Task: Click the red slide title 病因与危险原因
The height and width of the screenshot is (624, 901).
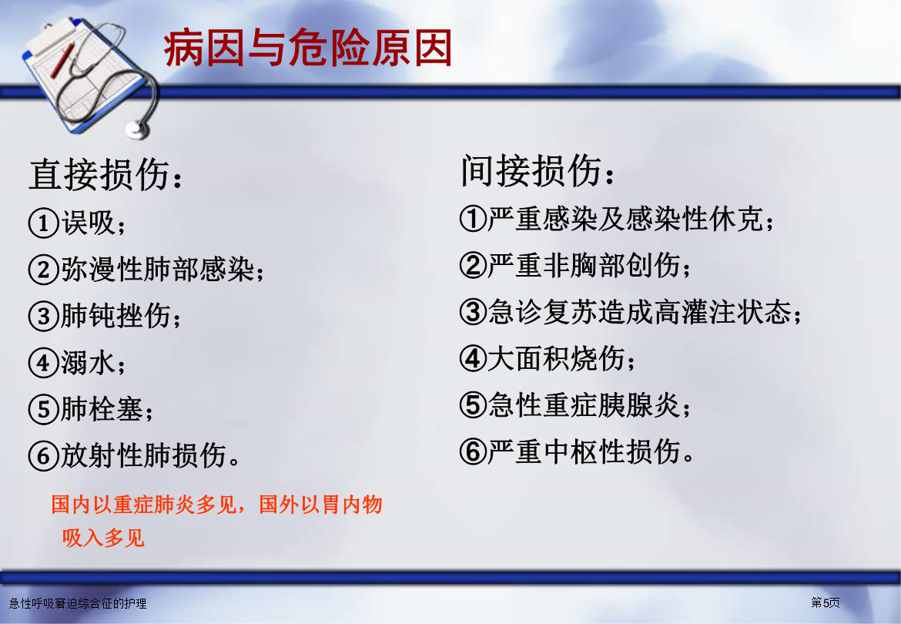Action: [307, 49]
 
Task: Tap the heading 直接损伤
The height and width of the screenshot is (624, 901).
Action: [99, 175]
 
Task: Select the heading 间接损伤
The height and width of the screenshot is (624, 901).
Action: [531, 171]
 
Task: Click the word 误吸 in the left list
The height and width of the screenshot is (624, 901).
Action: [89, 223]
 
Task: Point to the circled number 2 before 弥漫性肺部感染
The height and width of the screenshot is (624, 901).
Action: [44, 270]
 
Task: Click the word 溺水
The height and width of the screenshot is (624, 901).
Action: [88, 363]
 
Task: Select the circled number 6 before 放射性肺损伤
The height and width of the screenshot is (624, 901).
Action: [44, 456]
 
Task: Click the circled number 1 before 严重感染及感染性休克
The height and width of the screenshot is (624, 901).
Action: [474, 218]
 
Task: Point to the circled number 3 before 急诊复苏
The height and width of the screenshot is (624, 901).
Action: [474, 312]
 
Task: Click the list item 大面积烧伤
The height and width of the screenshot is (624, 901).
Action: [557, 358]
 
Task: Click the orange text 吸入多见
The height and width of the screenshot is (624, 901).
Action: [103, 538]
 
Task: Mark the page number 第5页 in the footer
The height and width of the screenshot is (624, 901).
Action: [826, 602]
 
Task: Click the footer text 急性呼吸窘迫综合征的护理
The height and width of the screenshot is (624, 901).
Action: [78, 603]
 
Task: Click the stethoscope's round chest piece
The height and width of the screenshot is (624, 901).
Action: [138, 130]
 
